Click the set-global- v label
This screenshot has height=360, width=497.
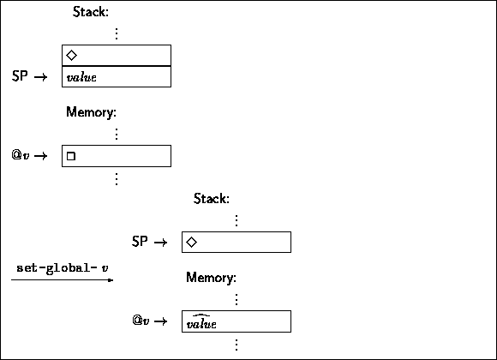pos(63,268)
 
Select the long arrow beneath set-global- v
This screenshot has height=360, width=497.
pos(62,280)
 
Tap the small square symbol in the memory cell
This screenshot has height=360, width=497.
pos(71,156)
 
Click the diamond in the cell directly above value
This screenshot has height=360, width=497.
pos(72,55)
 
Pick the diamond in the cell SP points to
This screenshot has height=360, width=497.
pos(191,243)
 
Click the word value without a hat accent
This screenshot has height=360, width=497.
pos(81,77)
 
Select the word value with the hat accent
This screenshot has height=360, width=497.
pos(201,322)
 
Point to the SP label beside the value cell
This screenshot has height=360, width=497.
pos(20,76)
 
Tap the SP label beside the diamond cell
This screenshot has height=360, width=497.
pos(140,242)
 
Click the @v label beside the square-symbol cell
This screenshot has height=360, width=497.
pos(21,155)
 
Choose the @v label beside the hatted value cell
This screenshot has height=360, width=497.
pos(141,321)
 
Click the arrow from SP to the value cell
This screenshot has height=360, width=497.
pos(40,77)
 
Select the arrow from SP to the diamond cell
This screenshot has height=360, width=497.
pos(161,243)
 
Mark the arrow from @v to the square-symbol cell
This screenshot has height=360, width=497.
pos(40,156)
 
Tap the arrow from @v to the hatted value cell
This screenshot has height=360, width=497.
pos(161,321)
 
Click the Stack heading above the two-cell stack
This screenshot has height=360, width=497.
pos(91,12)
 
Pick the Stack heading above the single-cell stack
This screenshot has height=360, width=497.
pos(212,199)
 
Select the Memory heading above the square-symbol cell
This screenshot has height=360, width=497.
pos(92,112)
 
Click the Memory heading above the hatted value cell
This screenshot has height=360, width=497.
pos(211,278)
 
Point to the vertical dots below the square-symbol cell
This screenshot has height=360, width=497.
pos(117,179)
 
